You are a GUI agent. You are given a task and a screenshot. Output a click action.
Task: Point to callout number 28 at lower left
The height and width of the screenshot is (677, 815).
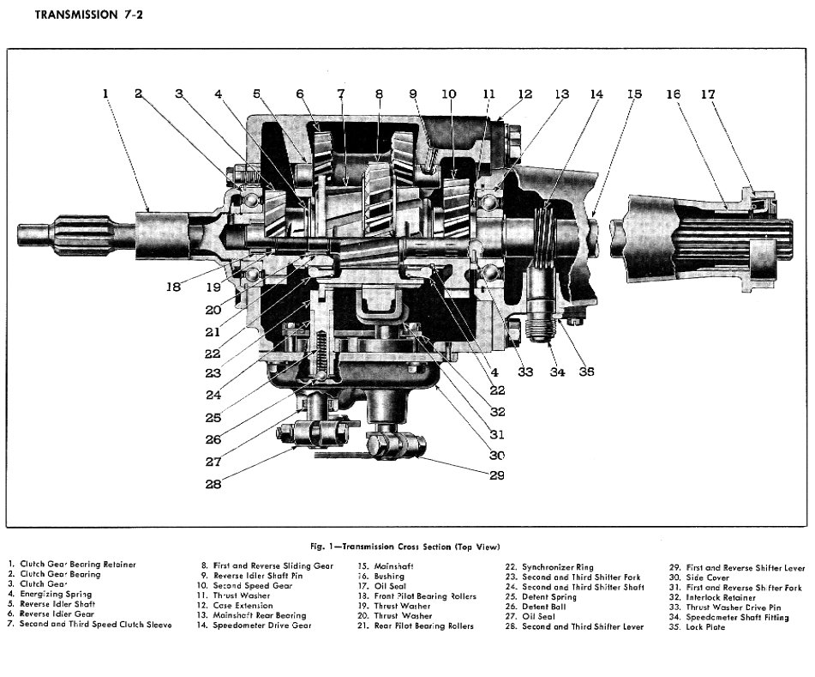(214, 484)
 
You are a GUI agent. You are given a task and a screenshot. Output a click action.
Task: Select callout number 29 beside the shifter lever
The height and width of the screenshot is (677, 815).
(496, 475)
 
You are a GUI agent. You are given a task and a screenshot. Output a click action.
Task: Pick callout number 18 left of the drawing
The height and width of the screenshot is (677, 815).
(173, 287)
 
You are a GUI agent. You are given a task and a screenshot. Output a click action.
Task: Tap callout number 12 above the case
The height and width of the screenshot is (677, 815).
(524, 94)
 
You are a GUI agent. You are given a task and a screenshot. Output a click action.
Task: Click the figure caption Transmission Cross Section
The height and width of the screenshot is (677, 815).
(405, 547)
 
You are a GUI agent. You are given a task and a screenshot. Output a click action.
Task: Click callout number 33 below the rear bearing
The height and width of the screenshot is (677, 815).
(524, 372)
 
